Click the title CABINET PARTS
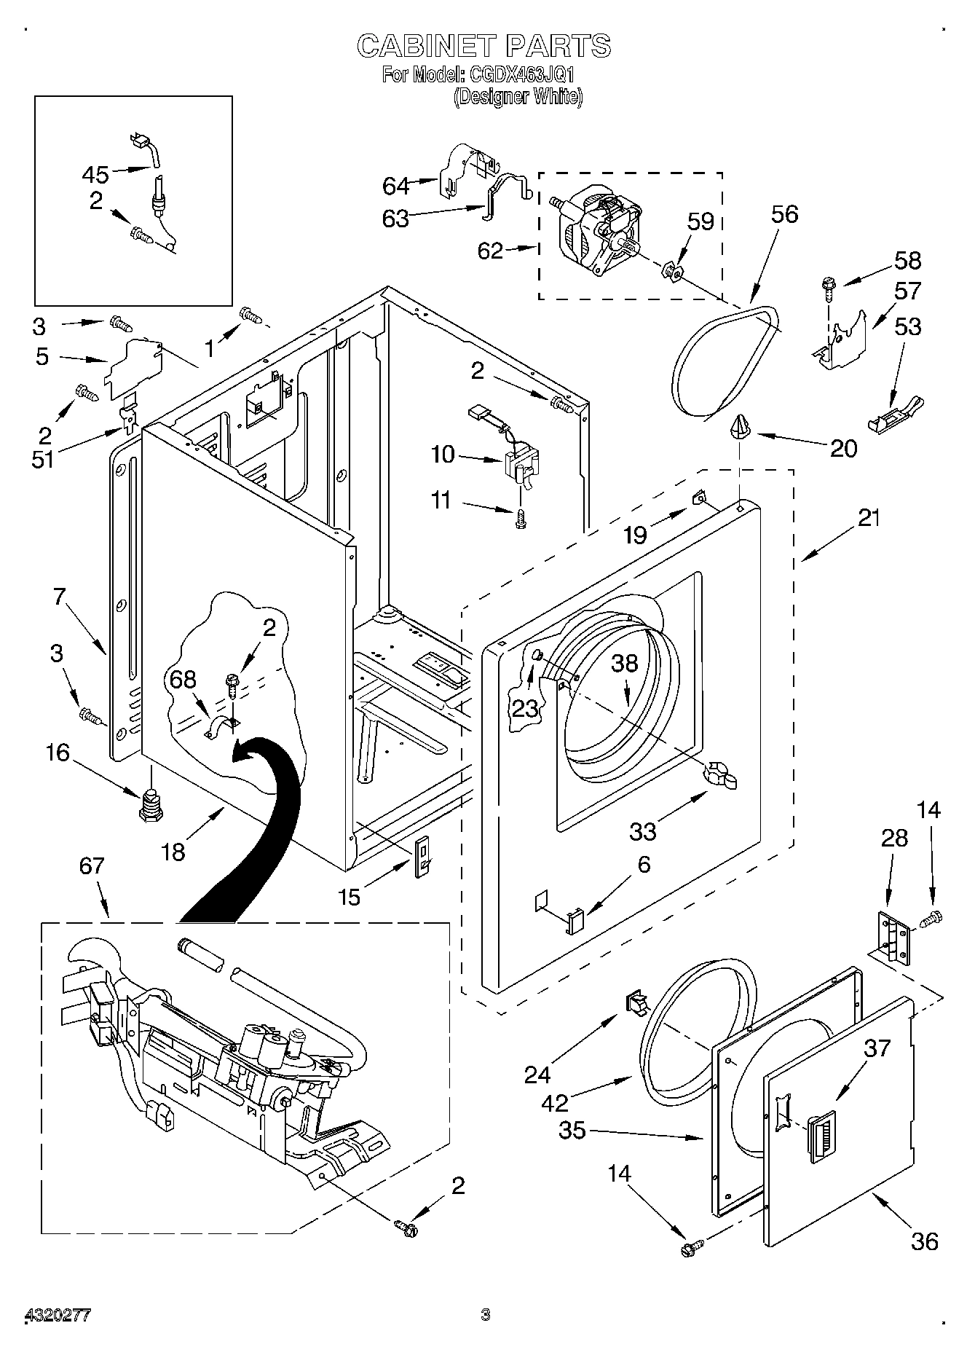483,46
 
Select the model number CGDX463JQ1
518,74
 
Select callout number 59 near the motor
700,221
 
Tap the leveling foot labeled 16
150,806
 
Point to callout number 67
92,866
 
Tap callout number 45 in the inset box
95,175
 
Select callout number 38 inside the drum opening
625,663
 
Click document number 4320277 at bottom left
58,1315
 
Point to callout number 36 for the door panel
924,1241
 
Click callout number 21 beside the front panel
868,518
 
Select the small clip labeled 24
638,1003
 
